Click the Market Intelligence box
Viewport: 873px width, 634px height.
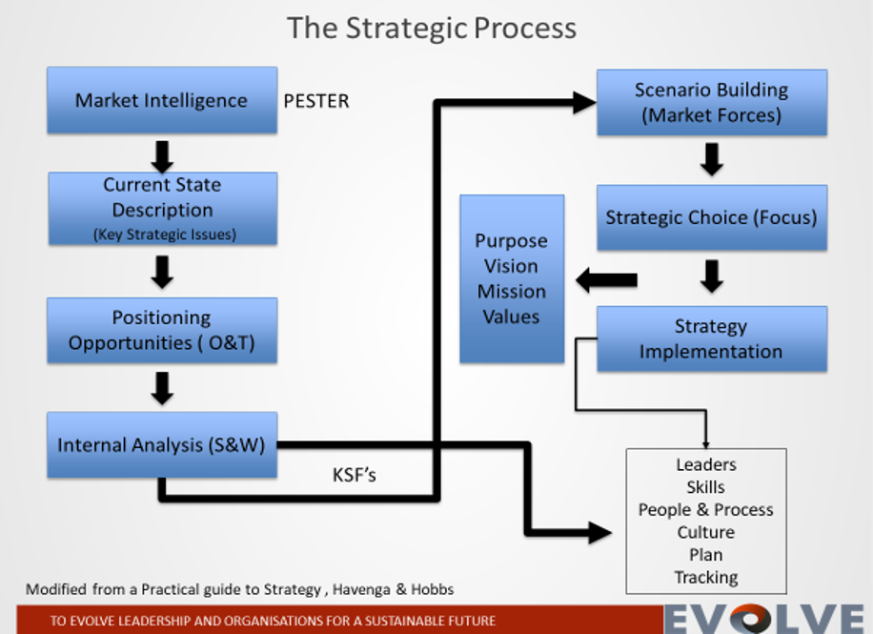pyautogui.click(x=162, y=100)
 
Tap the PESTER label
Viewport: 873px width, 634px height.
pyautogui.click(x=316, y=101)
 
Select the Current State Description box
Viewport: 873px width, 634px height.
pyautogui.click(x=162, y=209)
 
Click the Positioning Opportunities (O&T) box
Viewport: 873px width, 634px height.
pyautogui.click(x=162, y=330)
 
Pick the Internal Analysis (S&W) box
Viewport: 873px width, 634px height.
pyautogui.click(x=162, y=444)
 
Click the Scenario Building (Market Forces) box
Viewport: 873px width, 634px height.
pyautogui.click(x=711, y=102)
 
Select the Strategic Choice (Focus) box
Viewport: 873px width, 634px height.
pyautogui.click(x=711, y=217)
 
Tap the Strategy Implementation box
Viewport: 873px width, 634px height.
pyautogui.click(x=711, y=338)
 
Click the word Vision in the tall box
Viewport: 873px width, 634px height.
pyautogui.click(x=512, y=266)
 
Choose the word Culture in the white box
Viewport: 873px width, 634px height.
pyautogui.click(x=706, y=532)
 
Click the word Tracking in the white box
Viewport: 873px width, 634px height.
pyautogui.click(x=706, y=577)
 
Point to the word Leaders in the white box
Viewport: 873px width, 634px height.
pyautogui.click(x=706, y=464)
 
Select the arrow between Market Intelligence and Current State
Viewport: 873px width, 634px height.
pyautogui.click(x=163, y=155)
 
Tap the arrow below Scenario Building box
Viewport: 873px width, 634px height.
pyautogui.click(x=712, y=159)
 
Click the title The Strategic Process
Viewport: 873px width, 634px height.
pyautogui.click(x=432, y=28)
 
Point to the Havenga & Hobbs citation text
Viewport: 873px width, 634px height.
pyautogui.click(x=239, y=589)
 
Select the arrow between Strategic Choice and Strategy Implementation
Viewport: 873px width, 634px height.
pyautogui.click(x=712, y=276)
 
